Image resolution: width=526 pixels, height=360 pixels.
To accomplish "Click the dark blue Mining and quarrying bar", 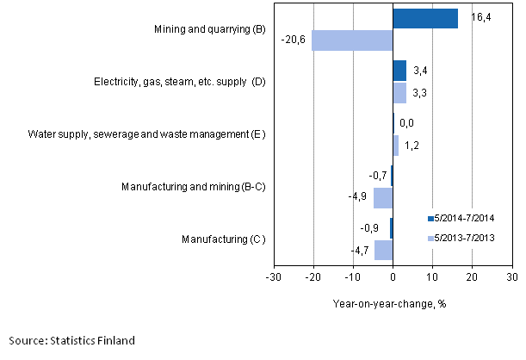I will tap(425, 19).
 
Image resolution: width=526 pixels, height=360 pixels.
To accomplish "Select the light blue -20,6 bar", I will tap(352, 40).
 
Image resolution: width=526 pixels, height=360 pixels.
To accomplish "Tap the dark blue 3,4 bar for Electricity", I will tap(399, 71).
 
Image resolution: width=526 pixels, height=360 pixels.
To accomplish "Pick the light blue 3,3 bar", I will tap(399, 92).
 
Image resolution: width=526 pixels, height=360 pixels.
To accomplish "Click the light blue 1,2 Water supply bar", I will tap(395, 145).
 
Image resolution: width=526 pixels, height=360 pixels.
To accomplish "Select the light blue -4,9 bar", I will tap(383, 197).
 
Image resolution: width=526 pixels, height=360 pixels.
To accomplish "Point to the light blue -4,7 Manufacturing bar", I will tap(383, 250).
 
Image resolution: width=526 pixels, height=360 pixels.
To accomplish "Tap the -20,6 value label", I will tap(293, 40).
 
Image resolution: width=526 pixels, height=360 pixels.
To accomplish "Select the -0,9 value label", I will tap(369, 229).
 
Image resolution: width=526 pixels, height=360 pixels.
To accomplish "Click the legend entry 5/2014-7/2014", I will tap(466, 217).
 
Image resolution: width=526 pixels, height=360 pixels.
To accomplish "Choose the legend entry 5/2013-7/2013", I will tap(466, 238).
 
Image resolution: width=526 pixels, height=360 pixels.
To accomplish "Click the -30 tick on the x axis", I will tap(272, 277).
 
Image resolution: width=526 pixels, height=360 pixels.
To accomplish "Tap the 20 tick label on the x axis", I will tap(471, 277).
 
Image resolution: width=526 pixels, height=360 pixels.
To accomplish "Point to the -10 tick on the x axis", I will tap(352, 277).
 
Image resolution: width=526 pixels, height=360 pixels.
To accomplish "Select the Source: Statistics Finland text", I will tap(70, 341).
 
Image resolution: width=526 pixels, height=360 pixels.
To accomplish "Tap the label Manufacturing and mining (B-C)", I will tap(194, 186).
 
